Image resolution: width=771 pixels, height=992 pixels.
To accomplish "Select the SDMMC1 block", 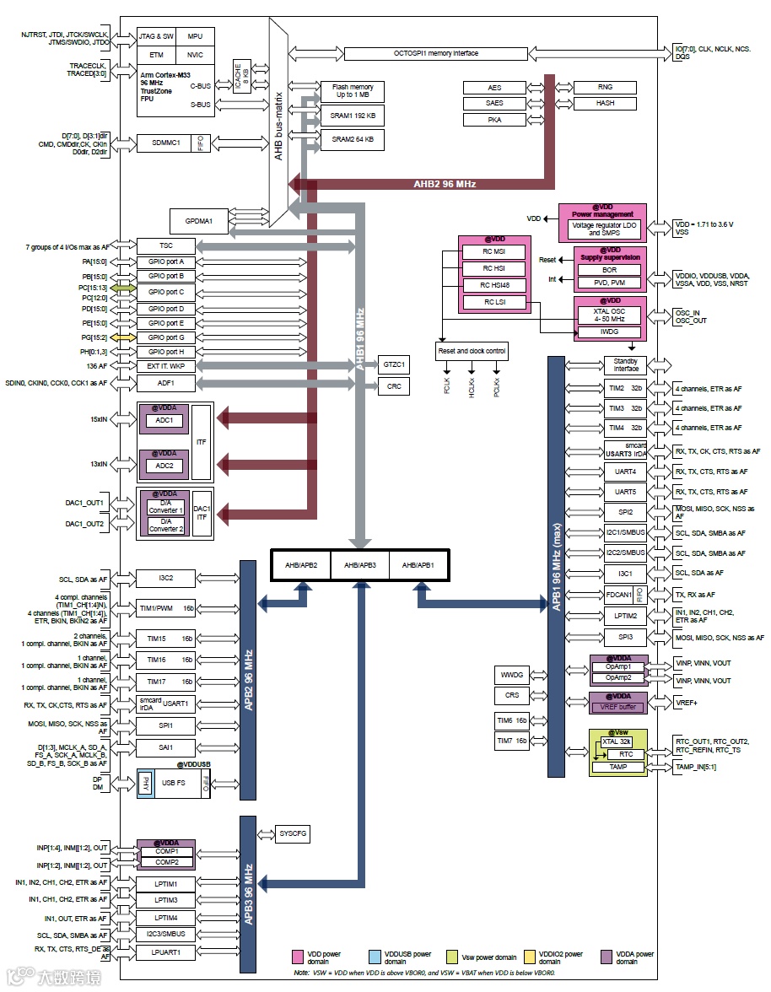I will (x=165, y=143).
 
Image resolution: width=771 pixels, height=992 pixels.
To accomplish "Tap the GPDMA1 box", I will (x=199, y=222).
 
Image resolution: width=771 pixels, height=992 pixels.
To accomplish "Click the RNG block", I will (x=605, y=88).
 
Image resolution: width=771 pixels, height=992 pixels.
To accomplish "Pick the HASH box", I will (x=605, y=103).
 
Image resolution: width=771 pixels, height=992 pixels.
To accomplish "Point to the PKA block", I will (x=495, y=120).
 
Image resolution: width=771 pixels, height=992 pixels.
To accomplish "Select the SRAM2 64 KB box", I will (x=353, y=139).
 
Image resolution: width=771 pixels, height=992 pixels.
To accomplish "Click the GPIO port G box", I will (x=166, y=337).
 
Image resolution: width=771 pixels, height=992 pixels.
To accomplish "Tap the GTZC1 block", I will (x=393, y=365).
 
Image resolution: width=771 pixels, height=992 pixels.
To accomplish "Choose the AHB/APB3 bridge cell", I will (x=360, y=564).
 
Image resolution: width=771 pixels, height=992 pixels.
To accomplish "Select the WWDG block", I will (x=512, y=675).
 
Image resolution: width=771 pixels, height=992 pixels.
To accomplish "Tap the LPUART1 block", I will (x=166, y=952).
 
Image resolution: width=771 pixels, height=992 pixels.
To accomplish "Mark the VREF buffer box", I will (x=618, y=707).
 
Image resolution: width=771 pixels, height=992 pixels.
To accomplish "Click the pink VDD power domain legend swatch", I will (x=297, y=957).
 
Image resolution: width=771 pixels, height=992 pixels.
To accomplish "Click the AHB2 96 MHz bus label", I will (x=445, y=184).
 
